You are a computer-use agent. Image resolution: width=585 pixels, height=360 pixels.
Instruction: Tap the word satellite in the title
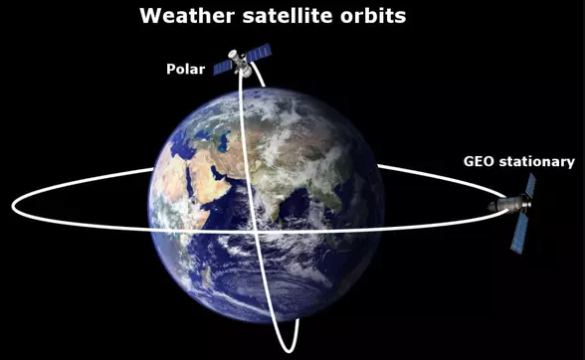click(285, 16)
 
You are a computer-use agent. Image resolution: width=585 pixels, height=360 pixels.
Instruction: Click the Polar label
click(185, 70)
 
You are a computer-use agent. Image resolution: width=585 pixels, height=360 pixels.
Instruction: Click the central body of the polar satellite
click(240, 64)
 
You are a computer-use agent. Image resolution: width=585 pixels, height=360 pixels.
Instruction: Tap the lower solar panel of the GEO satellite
click(517, 235)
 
